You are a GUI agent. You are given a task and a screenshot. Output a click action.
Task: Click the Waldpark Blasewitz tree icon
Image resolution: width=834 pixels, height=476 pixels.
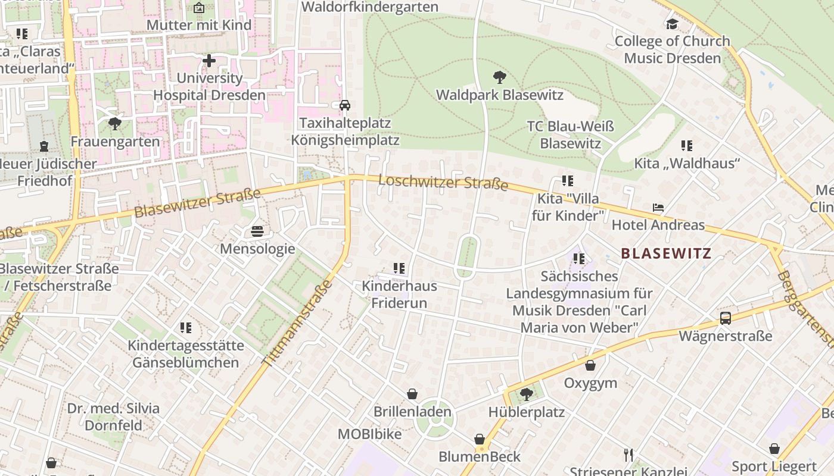(500, 77)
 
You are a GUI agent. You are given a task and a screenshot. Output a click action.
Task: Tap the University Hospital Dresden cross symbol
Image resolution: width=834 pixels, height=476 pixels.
(209, 60)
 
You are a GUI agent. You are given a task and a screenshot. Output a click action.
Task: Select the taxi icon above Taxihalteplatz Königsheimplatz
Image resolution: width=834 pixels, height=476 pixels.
(344, 105)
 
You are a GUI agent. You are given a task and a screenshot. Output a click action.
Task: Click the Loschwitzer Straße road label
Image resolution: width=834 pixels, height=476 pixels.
(443, 182)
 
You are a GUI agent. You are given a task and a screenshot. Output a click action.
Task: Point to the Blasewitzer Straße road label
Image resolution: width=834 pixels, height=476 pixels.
(197, 203)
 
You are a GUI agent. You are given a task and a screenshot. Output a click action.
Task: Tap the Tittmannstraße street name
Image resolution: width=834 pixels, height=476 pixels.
(297, 323)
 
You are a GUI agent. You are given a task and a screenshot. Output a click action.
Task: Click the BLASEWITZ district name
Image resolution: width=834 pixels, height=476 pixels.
(666, 253)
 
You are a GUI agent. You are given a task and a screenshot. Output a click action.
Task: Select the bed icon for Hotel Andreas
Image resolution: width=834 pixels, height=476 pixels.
(658, 208)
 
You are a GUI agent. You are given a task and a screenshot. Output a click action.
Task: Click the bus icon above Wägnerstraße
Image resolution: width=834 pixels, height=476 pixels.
(726, 318)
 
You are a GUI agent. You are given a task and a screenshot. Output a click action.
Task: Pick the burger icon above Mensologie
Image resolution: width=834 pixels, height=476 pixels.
(257, 230)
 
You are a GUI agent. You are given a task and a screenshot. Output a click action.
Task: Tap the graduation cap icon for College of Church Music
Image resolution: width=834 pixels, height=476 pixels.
(672, 24)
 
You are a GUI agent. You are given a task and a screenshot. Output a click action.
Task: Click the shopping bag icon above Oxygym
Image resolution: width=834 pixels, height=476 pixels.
(590, 365)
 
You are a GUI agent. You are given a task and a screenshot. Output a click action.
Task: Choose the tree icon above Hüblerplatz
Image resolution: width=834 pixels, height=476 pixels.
(526, 394)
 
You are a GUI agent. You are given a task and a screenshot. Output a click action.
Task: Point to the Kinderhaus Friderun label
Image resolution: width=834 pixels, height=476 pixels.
(399, 295)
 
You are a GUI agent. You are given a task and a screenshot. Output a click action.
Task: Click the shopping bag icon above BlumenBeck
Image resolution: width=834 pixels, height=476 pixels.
(480, 439)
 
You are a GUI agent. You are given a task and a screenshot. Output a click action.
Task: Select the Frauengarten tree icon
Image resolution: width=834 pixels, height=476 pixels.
(115, 124)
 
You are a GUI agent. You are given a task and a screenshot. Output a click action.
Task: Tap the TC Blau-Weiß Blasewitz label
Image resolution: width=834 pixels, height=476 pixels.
(571, 135)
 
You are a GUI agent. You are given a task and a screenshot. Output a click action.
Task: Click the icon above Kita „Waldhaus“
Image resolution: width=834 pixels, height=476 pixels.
(687, 145)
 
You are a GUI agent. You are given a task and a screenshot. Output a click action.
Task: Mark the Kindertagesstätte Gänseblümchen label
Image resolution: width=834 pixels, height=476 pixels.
(186, 354)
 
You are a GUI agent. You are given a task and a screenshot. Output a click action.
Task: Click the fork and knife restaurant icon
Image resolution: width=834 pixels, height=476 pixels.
(628, 455)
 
